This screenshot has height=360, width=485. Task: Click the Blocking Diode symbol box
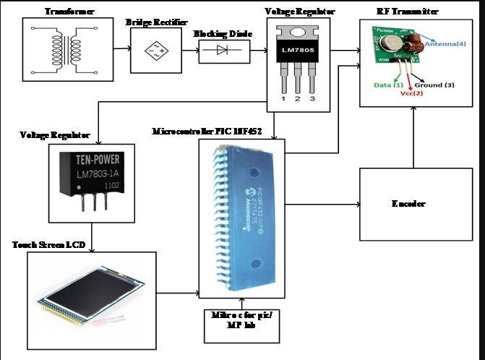[220, 51]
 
